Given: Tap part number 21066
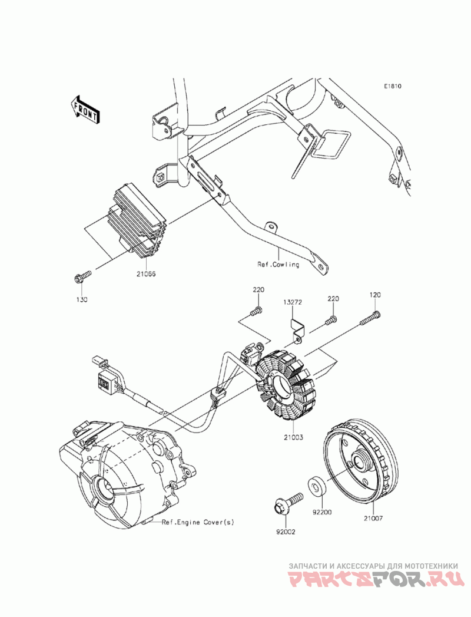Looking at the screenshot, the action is tap(146, 274).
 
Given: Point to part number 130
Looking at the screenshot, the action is tap(82, 299).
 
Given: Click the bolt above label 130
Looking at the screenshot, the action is tap(82, 276).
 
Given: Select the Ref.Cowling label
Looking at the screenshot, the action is tap(278, 265).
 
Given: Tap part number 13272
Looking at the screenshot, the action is tap(291, 302).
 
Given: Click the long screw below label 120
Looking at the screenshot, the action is tap(371, 318).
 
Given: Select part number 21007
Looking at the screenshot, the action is tap(373, 519).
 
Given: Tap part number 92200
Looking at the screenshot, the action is tap(322, 512).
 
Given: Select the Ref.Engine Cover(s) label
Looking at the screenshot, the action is tap(198, 522).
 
